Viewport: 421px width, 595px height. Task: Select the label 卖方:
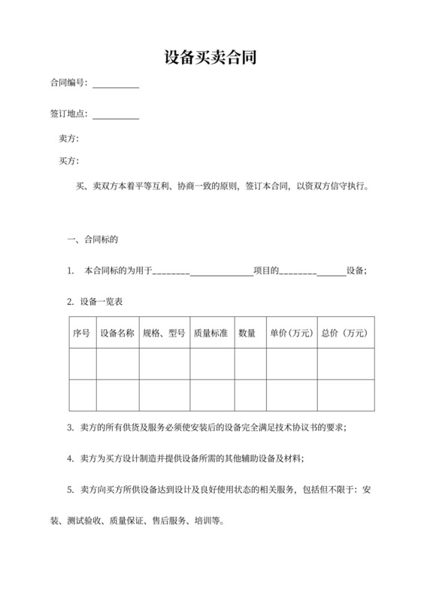68,140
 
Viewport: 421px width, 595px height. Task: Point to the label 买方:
68,161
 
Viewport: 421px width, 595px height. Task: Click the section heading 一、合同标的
93,240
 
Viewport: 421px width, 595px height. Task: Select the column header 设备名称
117,333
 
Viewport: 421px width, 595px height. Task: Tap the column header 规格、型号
164,333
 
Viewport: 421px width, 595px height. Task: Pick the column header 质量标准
211,333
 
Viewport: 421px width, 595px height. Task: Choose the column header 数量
247,333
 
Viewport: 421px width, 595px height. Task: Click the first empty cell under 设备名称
117,364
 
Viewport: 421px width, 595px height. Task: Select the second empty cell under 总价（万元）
345,395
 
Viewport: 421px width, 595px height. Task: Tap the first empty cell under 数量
247,364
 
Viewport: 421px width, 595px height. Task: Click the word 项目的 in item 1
266,270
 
